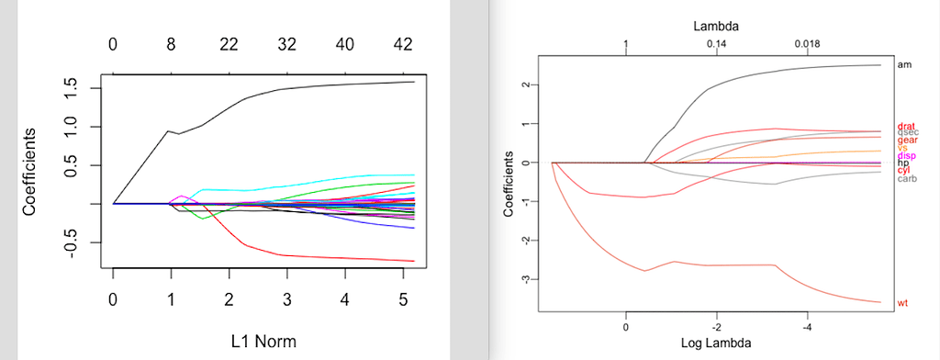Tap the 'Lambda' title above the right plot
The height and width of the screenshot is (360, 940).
716,27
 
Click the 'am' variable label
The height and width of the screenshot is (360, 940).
903,65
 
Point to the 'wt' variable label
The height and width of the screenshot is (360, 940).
902,302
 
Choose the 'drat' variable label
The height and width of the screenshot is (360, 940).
906,125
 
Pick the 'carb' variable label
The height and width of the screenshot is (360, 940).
906,178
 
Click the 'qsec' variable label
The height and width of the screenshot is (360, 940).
907,132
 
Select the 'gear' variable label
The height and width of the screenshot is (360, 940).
907,140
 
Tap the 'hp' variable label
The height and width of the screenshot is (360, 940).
902,163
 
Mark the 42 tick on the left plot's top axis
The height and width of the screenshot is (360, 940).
402,44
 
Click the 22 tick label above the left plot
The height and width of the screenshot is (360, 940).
229,44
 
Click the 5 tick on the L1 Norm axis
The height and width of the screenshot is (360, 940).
402,299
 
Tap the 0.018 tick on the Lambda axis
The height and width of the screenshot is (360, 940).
808,44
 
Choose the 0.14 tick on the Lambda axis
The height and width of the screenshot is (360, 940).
717,44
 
